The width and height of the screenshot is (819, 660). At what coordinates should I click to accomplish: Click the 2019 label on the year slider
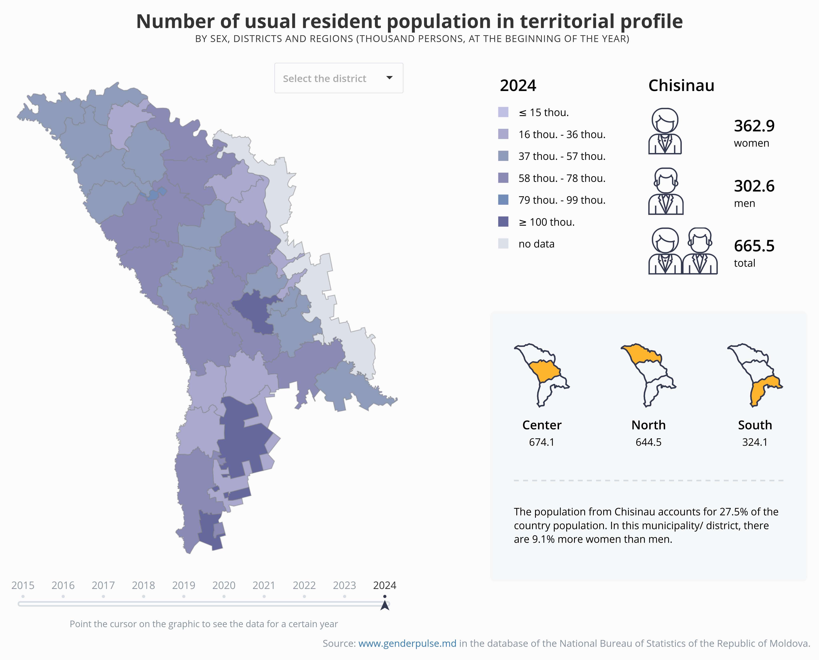click(x=184, y=586)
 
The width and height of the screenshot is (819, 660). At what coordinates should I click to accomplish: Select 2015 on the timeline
click(x=23, y=586)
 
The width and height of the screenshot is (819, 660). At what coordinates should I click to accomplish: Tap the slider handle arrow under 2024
click(x=385, y=605)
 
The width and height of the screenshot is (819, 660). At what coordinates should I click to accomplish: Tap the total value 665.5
click(x=754, y=246)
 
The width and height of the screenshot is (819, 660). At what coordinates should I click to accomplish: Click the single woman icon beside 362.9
click(x=665, y=131)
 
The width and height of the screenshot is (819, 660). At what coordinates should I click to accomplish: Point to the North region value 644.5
click(x=648, y=442)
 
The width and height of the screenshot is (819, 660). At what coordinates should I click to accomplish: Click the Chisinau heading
click(x=681, y=86)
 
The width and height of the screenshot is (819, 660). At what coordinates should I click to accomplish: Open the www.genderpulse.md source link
click(x=407, y=643)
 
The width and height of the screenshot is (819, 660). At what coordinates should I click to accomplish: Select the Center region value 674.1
click(x=542, y=442)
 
